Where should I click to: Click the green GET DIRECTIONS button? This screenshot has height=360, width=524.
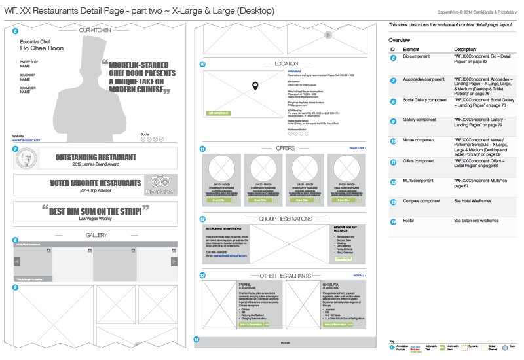point(218,113)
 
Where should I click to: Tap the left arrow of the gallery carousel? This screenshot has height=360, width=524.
point(16,261)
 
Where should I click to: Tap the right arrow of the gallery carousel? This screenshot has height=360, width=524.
point(174,261)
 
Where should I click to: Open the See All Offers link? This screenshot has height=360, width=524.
point(357,149)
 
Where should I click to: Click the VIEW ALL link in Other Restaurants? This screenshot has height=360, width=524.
point(360,276)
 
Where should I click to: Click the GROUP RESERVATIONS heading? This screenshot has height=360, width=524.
point(285,219)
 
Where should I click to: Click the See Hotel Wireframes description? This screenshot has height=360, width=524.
point(476,200)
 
